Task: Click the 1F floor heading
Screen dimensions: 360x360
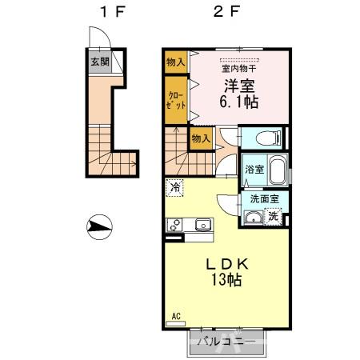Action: coord(106,13)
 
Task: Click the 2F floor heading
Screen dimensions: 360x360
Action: coord(222,13)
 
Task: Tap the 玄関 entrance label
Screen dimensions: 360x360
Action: coord(98,61)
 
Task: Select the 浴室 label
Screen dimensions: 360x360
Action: coord(252,170)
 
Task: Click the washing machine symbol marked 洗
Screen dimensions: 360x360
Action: coord(274,214)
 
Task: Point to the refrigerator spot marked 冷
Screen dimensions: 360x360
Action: coord(175,187)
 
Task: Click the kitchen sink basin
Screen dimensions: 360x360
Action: coord(202,225)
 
